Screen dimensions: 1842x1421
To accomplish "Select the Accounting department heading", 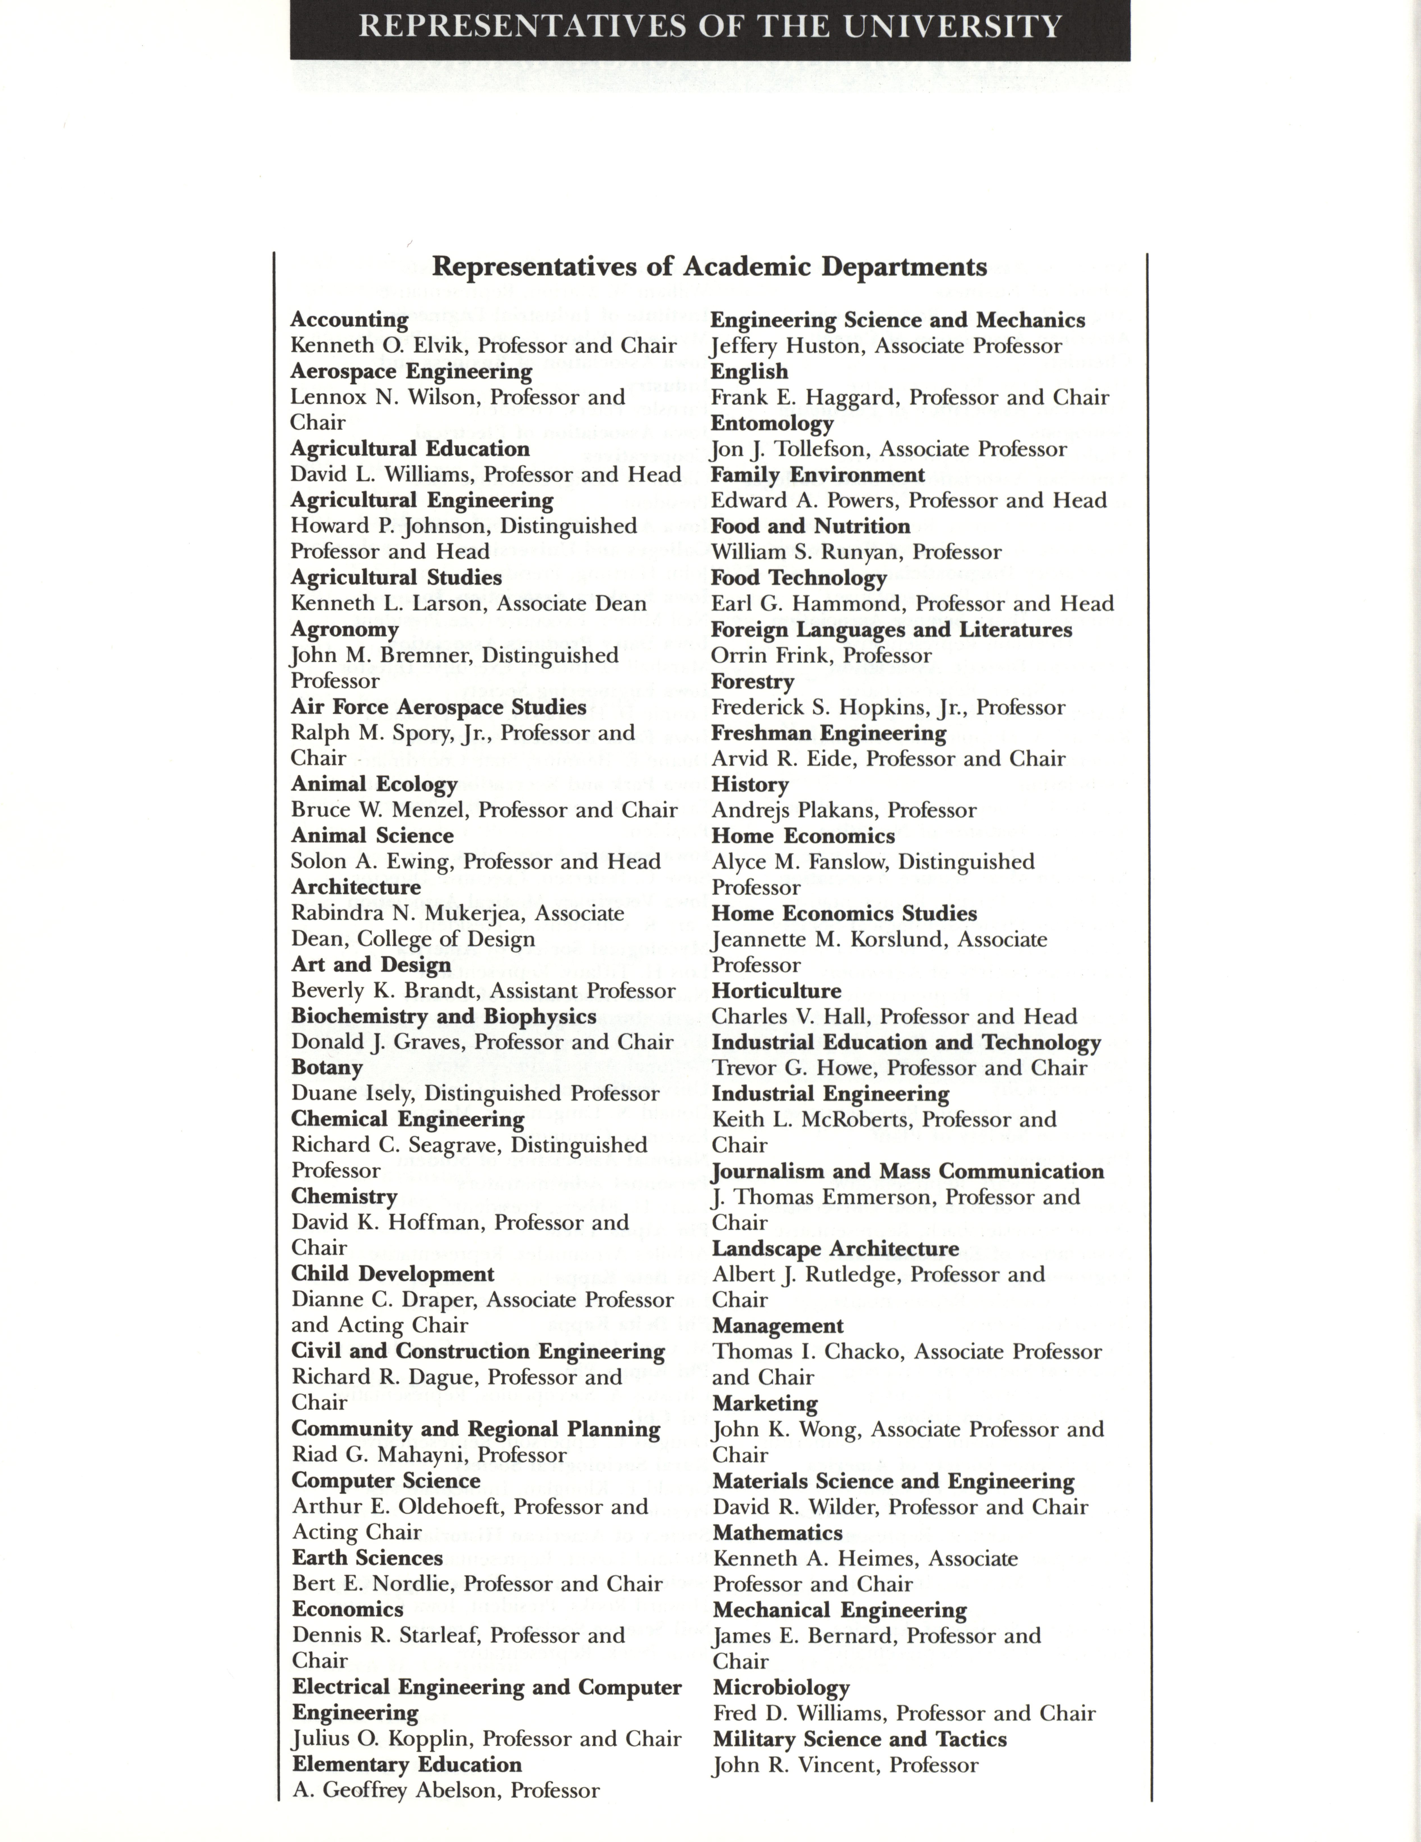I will click(349, 320).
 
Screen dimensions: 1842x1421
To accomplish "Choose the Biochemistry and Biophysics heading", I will click(444, 1016).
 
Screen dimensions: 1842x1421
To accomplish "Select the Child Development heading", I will click(392, 1274).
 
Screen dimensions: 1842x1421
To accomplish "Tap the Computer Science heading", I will click(386, 1480).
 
